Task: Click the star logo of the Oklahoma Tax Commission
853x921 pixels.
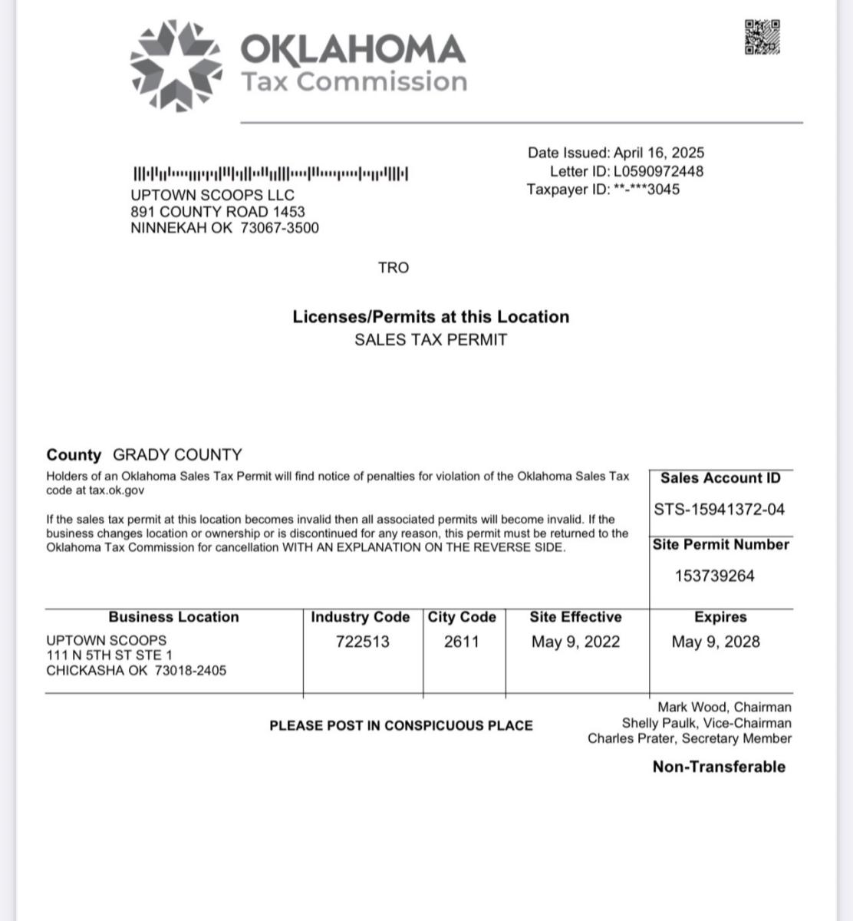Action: [176, 64]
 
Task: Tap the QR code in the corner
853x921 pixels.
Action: [762, 37]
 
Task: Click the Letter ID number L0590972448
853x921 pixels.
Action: [658, 171]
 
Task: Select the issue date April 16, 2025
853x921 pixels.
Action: [659, 153]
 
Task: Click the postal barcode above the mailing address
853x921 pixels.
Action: [271, 173]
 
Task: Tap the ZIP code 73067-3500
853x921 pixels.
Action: [280, 228]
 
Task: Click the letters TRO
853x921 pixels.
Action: [394, 268]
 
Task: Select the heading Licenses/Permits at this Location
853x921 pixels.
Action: [430, 317]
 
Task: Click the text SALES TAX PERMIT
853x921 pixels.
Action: [430, 340]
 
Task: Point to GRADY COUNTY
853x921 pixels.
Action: [177, 454]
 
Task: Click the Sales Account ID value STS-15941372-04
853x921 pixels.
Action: [720, 509]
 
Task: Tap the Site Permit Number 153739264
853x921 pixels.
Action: [715, 576]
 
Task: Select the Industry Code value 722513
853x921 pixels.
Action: [362, 642]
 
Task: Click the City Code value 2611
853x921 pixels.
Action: [462, 642]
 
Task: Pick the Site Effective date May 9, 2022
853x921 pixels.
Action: [575, 642]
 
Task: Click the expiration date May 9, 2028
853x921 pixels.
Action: [716, 642]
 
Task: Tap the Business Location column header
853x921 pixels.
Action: [173, 617]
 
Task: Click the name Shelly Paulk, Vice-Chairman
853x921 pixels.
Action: [706, 723]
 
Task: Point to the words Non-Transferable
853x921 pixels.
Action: [719, 767]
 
